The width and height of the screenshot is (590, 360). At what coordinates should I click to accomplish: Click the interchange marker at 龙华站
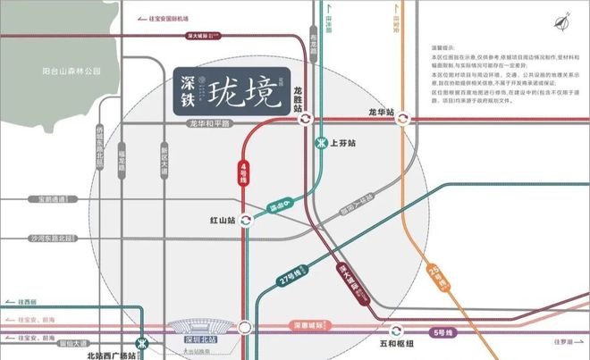tap(404, 118)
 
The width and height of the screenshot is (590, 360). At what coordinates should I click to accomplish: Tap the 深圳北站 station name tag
tap(200, 339)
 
